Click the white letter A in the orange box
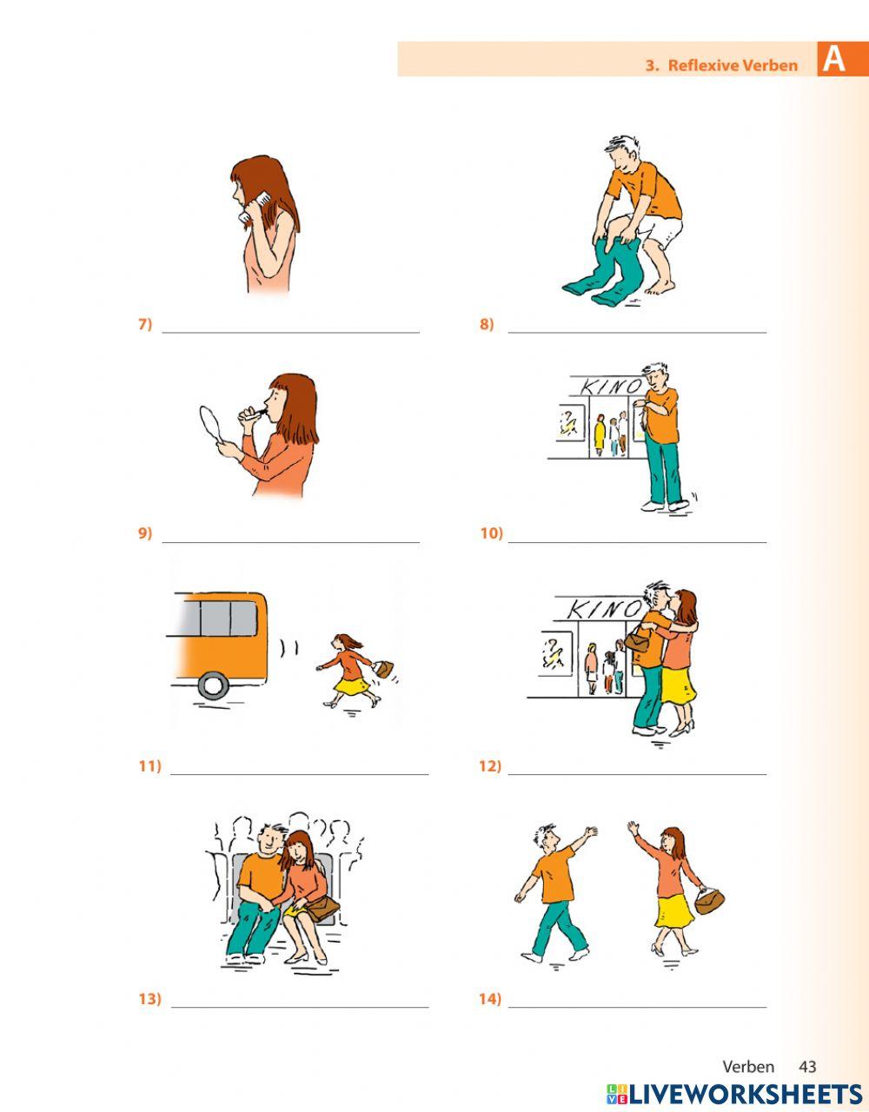point(833,59)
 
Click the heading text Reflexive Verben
point(733,65)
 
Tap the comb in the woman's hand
point(255,206)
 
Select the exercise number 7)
point(145,324)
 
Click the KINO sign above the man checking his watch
point(612,387)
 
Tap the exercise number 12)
point(490,766)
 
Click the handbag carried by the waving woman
point(709,900)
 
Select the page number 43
point(807,1053)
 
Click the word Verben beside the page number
point(748,1053)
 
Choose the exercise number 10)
point(491,533)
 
